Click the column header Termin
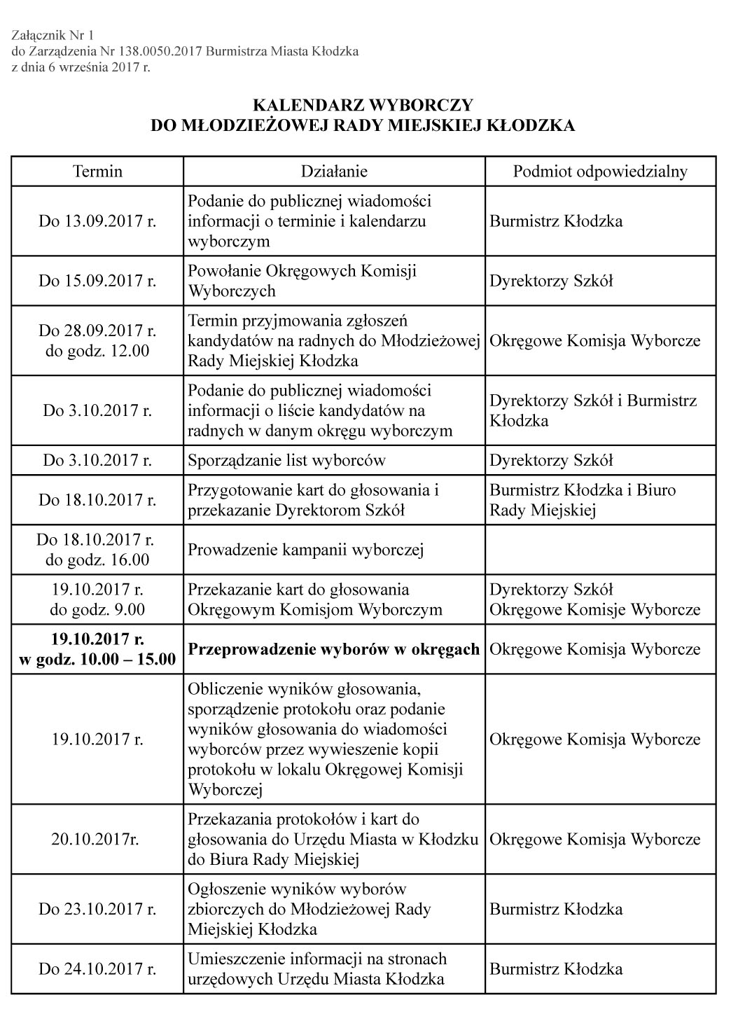pyautogui.click(x=97, y=172)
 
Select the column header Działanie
pyautogui.click(x=334, y=172)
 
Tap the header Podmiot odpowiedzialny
pyautogui.click(x=600, y=172)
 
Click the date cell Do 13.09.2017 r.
pyautogui.click(x=97, y=221)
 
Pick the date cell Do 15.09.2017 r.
pyautogui.click(x=97, y=281)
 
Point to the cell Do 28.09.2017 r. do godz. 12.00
pyautogui.click(x=97, y=340)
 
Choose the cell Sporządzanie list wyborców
pyautogui.click(x=286, y=460)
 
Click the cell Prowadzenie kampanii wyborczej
pyautogui.click(x=305, y=550)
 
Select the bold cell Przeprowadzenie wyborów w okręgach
pyautogui.click(x=333, y=649)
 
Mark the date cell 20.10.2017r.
pyautogui.click(x=97, y=839)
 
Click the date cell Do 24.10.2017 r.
pyautogui.click(x=97, y=969)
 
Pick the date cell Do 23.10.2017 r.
pyautogui.click(x=97, y=909)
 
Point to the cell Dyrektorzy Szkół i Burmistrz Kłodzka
pyautogui.click(x=593, y=410)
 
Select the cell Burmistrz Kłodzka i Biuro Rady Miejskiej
pyautogui.click(x=583, y=500)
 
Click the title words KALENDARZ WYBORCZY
pyautogui.click(x=363, y=105)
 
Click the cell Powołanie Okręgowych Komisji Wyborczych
pyautogui.click(x=302, y=281)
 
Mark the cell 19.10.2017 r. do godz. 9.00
pyautogui.click(x=97, y=599)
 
